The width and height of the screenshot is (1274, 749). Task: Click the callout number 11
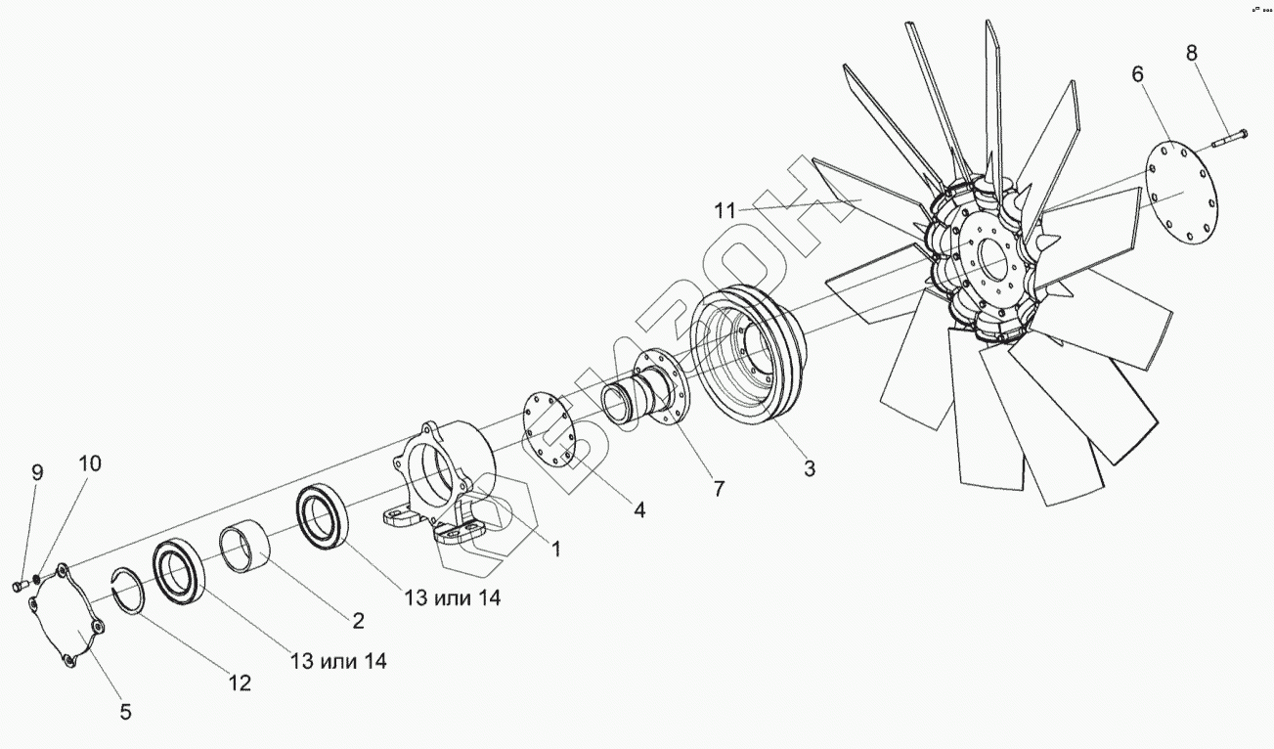(x=725, y=210)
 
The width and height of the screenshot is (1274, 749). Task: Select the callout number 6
(x=1137, y=74)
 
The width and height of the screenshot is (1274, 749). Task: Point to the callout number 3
(x=810, y=468)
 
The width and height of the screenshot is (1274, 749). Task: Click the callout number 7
(x=719, y=489)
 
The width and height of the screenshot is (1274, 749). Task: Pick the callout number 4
(x=638, y=509)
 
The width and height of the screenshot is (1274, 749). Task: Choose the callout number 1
(x=555, y=550)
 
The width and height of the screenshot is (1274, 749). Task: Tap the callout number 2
(x=358, y=620)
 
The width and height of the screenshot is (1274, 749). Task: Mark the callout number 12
(x=240, y=683)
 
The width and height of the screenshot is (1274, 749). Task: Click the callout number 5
(x=125, y=712)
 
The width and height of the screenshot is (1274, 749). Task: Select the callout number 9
(x=37, y=473)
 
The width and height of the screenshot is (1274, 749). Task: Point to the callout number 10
(x=89, y=463)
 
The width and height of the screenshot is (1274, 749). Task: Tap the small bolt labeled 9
(x=18, y=586)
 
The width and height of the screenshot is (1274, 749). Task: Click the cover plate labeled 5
(x=63, y=617)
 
